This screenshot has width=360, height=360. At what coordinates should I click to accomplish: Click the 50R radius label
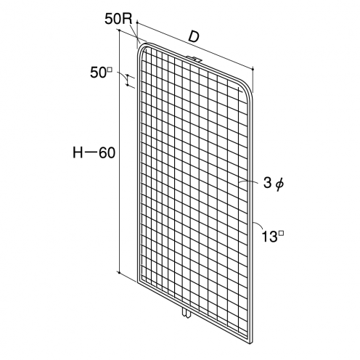pyautogui.click(x=118, y=19)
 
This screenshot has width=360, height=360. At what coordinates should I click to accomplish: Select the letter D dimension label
pyautogui.click(x=194, y=37)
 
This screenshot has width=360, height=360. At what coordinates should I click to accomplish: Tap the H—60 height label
pyautogui.click(x=94, y=153)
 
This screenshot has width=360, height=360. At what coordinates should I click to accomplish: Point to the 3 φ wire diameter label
pyautogui.click(x=273, y=184)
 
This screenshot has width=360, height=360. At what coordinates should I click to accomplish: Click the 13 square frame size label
pyautogui.click(x=273, y=237)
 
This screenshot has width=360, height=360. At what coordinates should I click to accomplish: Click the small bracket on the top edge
pyautogui.click(x=194, y=59)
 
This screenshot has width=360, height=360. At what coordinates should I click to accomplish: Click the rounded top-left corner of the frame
pyautogui.click(x=140, y=48)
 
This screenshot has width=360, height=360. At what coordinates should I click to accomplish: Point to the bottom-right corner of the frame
pyautogui.click(x=252, y=342)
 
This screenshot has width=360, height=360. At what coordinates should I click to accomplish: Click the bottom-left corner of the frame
pyautogui.click(x=138, y=282)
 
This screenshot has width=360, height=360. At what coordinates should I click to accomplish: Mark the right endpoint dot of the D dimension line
pyautogui.click(x=253, y=70)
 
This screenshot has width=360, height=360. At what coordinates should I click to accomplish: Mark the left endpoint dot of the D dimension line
pyautogui.click(x=137, y=22)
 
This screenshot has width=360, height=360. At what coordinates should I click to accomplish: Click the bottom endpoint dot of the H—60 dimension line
pyautogui.click(x=120, y=272)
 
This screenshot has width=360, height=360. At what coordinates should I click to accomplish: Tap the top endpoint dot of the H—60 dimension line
pyautogui.click(x=120, y=30)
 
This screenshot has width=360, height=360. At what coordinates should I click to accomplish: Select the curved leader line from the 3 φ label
pyautogui.click(x=249, y=181)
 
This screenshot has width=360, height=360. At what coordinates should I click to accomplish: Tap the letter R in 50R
pyautogui.click(x=128, y=19)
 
